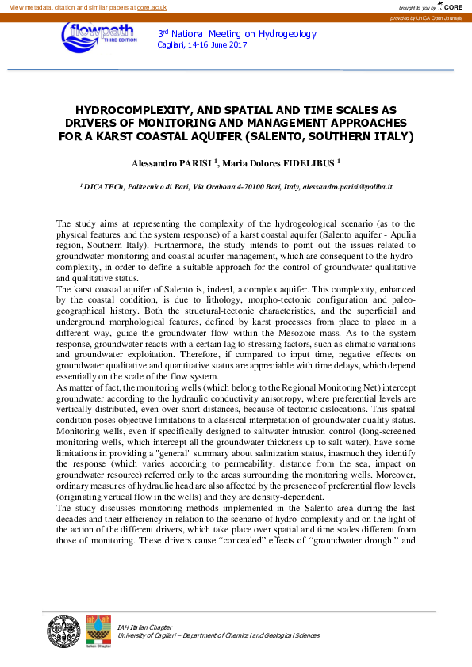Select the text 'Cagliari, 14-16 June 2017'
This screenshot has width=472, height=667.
click(x=202, y=45)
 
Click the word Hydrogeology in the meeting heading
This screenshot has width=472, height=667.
click(x=288, y=34)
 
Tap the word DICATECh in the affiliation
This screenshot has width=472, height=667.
click(x=111, y=188)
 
